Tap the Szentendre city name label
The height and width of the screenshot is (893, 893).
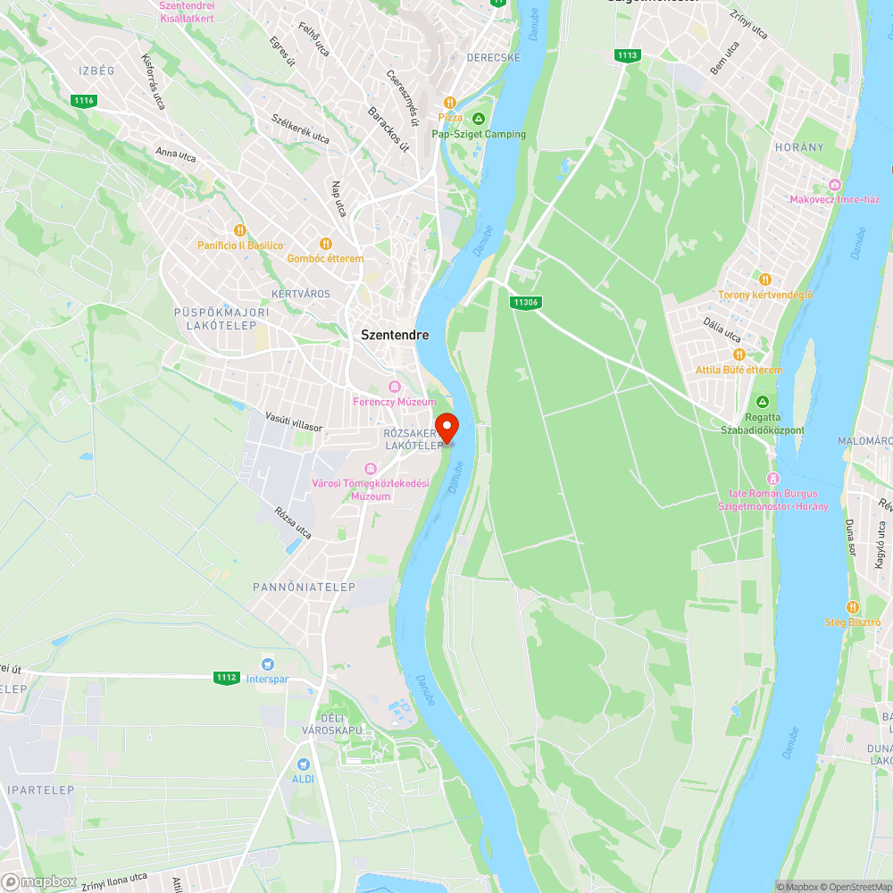point(395,335)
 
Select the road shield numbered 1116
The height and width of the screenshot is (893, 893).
point(84,101)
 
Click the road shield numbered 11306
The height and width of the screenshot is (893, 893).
point(526,303)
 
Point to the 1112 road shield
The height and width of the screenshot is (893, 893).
point(227,677)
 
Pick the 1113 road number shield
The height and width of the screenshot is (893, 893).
point(628,55)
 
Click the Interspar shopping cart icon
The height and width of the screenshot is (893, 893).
point(266,664)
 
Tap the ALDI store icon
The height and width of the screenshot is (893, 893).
point(304,764)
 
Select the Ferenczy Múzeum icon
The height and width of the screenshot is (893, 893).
point(395,387)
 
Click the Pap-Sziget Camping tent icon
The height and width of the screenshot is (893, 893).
point(479,119)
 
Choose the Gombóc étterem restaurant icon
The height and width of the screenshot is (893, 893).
point(326,243)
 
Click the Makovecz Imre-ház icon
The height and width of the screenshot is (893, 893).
point(835,184)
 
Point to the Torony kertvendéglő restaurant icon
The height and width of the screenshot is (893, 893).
point(764,280)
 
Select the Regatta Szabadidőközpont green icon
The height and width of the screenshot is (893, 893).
point(763,402)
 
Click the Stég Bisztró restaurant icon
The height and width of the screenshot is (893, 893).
point(853,607)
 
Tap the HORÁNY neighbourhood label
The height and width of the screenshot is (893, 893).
point(799,146)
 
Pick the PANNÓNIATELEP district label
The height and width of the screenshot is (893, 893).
point(305,587)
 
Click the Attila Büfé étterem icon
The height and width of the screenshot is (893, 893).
point(739,355)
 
